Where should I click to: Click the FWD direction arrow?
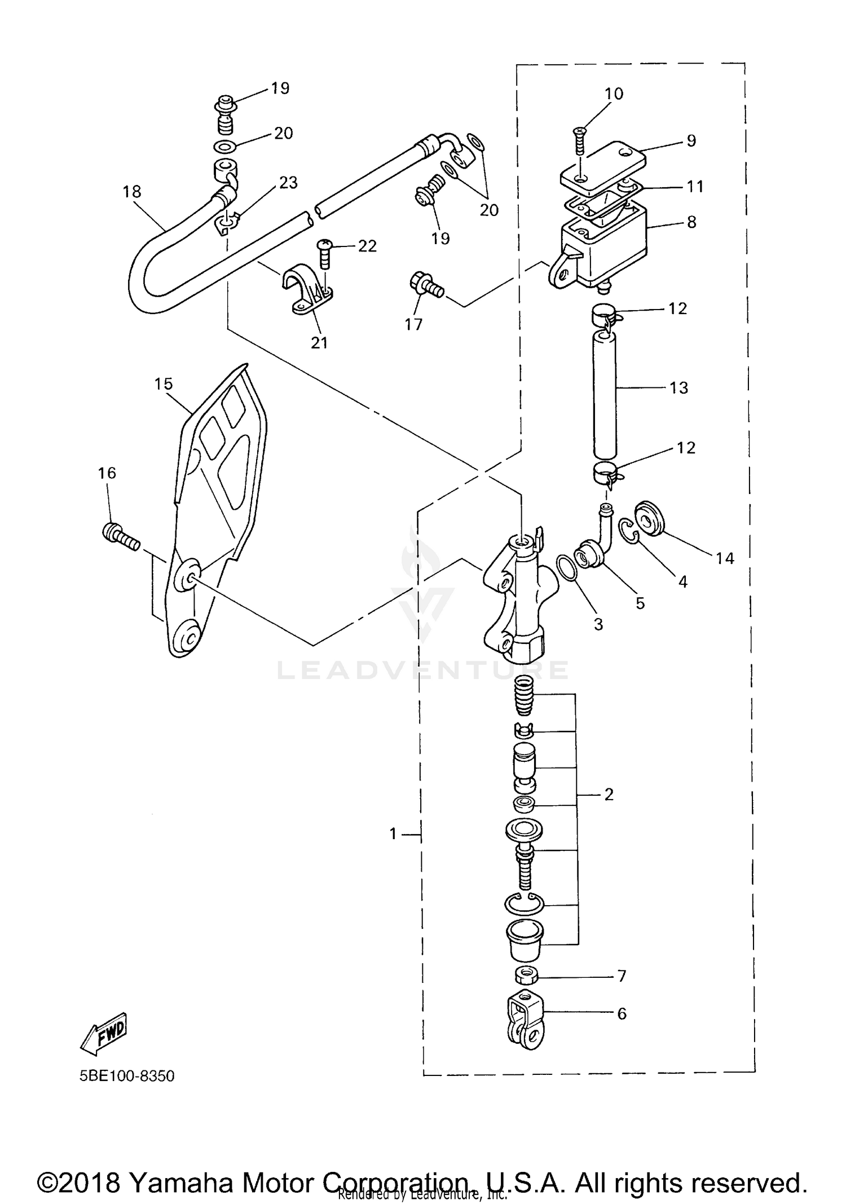[x=105, y=1034]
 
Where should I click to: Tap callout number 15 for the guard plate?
[x=164, y=384]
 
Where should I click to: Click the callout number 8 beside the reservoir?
[x=691, y=222]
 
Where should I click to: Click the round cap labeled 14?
[x=650, y=517]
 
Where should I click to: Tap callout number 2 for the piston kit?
[x=609, y=795]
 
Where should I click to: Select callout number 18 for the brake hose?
[x=132, y=192]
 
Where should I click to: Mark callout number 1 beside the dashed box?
[x=394, y=833]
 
